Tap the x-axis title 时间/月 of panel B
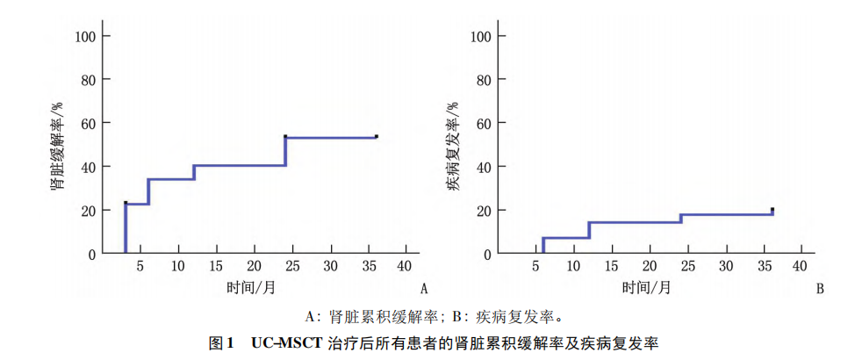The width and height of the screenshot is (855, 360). (x=649, y=287)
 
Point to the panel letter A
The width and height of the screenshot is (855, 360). (x=424, y=288)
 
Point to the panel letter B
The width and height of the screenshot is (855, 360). (x=820, y=288)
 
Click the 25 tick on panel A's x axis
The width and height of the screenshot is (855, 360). (x=254, y=266)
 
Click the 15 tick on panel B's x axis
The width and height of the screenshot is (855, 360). (x=612, y=266)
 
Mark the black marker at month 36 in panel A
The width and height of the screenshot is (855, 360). (x=377, y=136)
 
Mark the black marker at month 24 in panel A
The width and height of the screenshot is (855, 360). (x=285, y=136)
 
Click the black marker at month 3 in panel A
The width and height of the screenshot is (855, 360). (x=126, y=203)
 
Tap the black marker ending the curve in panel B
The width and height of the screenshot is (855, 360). (x=772, y=210)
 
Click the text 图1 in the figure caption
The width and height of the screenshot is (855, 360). (x=219, y=342)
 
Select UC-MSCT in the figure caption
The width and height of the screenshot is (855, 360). (x=287, y=342)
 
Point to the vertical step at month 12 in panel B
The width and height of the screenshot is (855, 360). (x=589, y=230)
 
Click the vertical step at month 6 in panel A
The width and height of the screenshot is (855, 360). (x=148, y=191)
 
